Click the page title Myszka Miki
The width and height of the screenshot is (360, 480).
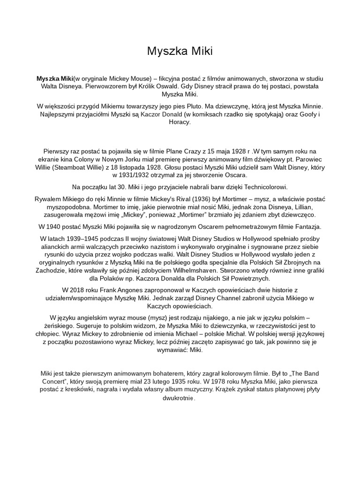pos(180,51)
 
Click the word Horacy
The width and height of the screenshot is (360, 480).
pos(180,122)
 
